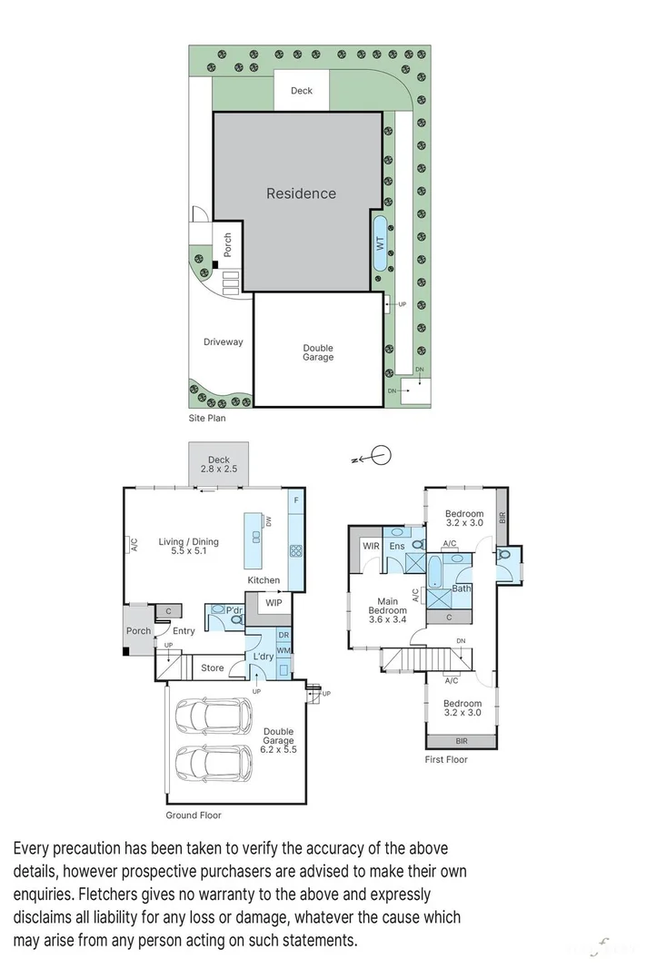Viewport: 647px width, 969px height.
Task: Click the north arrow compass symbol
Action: [381, 456]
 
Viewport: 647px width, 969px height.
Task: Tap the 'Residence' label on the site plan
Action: [301, 193]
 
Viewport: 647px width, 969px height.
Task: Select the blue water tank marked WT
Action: [380, 242]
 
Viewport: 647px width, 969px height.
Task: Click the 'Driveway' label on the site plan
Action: [223, 342]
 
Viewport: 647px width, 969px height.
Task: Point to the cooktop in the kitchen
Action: [295, 550]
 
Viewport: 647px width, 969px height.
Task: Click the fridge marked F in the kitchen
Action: [295, 500]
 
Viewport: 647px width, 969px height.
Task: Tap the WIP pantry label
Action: [274, 602]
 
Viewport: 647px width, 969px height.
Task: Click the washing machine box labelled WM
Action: [284, 650]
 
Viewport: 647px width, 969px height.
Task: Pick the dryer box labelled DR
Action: [284, 635]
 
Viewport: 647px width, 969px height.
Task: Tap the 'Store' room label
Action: [212, 668]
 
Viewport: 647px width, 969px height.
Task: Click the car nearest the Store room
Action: [215, 715]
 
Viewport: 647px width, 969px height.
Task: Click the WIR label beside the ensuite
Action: [370, 546]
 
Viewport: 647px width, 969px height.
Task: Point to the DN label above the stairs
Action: [461, 641]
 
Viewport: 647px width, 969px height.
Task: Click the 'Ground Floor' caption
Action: [193, 815]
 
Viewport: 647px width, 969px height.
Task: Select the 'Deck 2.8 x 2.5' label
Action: [218, 464]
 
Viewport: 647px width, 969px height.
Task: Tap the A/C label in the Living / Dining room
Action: [133, 546]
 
